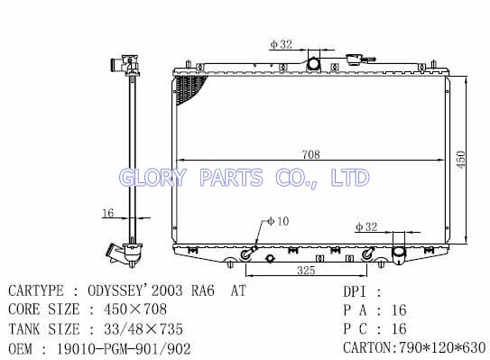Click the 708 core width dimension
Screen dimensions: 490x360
[311, 154]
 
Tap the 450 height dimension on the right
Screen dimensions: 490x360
[461, 160]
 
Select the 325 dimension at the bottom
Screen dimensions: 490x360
[306, 271]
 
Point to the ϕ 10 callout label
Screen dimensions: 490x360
[278, 221]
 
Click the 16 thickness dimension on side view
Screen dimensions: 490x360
[107, 213]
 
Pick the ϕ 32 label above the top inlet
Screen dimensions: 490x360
[282, 44]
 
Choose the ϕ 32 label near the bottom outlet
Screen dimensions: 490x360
[366, 226]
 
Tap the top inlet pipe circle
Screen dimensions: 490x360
[313, 64]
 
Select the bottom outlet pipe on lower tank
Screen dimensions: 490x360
[399, 254]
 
